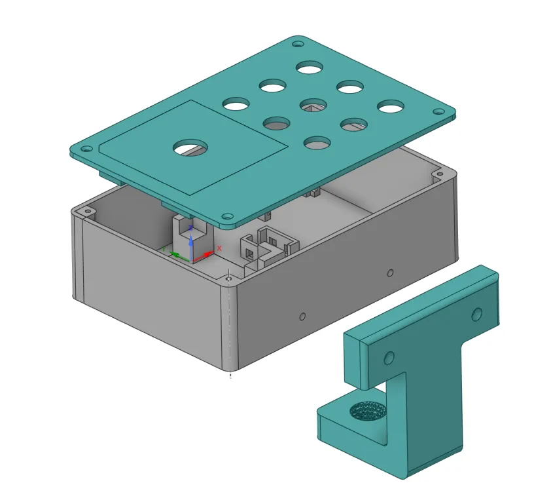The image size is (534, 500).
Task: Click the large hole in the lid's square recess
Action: [x=190, y=147]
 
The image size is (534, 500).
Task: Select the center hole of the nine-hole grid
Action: [x=313, y=104]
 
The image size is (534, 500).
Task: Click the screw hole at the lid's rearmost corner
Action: [x=298, y=45]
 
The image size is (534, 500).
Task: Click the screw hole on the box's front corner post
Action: [x=228, y=279]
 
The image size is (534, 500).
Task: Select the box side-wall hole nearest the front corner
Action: [x=302, y=317]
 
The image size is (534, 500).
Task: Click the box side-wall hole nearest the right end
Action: [x=390, y=273]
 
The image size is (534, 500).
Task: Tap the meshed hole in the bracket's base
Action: [x=367, y=411]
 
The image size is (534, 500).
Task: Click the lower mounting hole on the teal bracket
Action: [x=389, y=358]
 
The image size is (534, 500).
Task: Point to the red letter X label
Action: [x=219, y=248]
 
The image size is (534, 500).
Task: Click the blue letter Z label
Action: [x=190, y=228]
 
